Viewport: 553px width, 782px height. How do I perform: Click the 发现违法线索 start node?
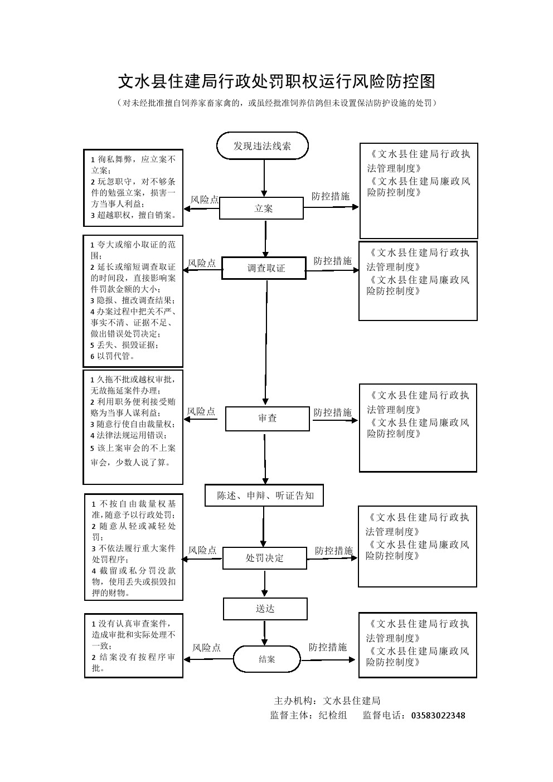pos(262,146)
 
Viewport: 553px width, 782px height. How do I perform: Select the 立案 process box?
pos(261,208)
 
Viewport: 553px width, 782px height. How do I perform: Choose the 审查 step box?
pos(267,419)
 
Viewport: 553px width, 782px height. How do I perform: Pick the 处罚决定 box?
pos(264,558)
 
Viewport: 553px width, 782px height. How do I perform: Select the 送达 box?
pos(265,609)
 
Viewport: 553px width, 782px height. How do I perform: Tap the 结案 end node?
pos(266,659)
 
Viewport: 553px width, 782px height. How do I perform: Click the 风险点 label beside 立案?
pos(205,200)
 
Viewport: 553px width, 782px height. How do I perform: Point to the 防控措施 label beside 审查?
pos(332,412)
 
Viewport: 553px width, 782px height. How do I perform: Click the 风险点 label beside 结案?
pos(206,648)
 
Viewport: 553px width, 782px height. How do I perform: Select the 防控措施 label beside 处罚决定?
pos(333,551)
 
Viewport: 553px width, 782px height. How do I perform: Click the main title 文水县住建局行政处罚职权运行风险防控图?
pos(276,82)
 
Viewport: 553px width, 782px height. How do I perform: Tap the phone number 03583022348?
pos(438,716)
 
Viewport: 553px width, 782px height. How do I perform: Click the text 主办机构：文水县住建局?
pos(327,701)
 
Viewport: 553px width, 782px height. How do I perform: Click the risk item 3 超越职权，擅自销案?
pos(133,215)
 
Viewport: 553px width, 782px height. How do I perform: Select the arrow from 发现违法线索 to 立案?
pos(264,179)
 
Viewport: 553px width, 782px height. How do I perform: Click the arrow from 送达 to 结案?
pos(265,632)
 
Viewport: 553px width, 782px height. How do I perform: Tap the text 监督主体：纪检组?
pos(308,716)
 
